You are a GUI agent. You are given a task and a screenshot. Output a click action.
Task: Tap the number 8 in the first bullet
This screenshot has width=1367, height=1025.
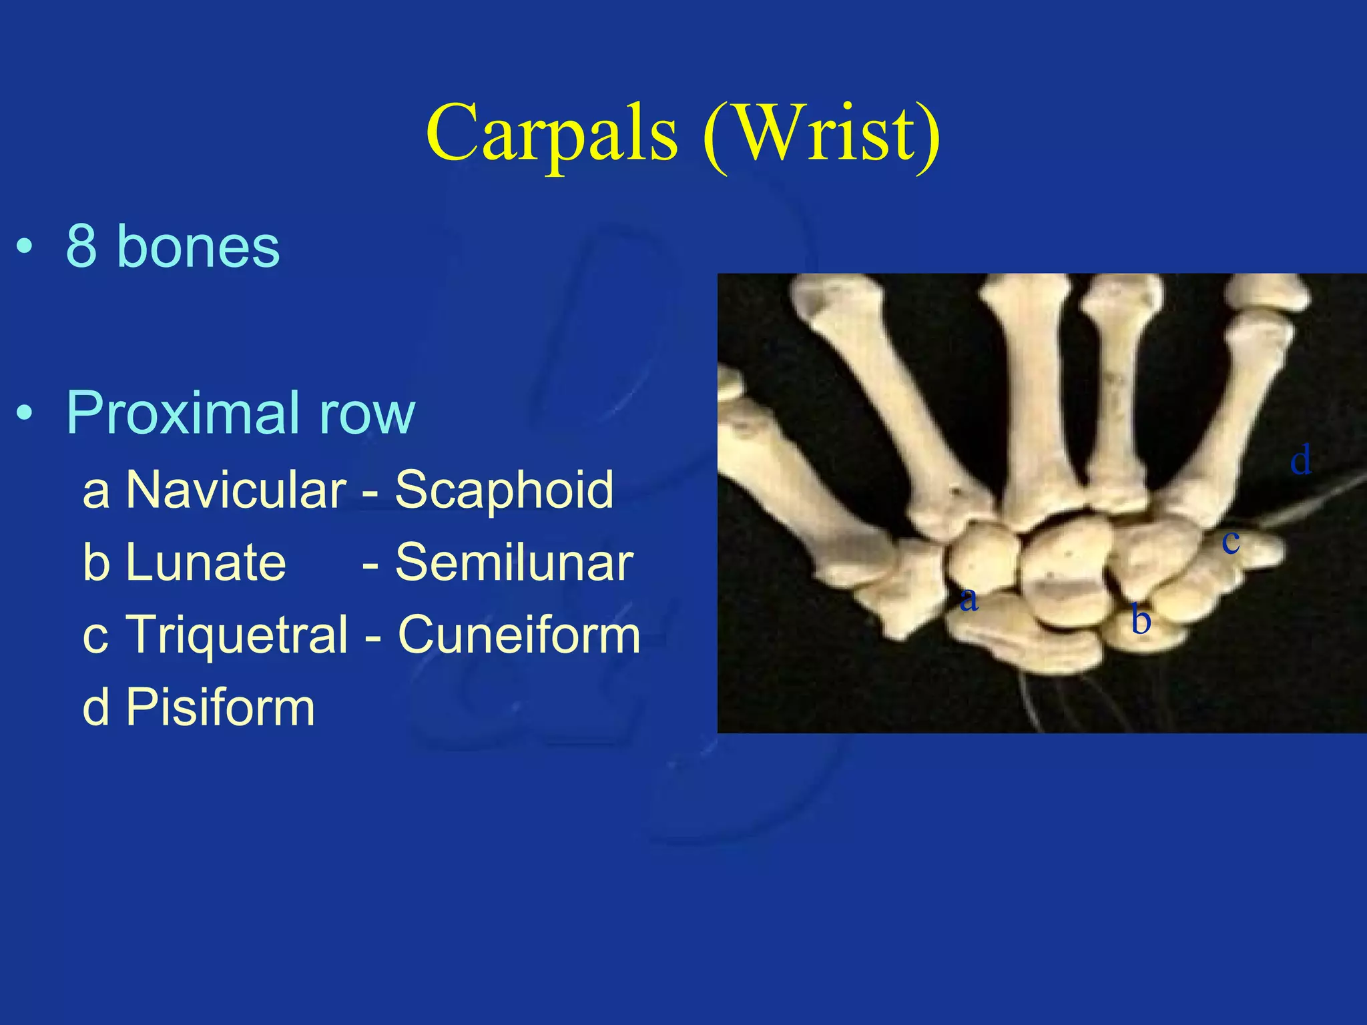coord(81,246)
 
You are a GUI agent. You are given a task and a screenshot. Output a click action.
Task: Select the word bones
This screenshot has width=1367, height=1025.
coord(198,246)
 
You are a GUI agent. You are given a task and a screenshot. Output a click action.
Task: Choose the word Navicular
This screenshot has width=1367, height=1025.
coord(236,489)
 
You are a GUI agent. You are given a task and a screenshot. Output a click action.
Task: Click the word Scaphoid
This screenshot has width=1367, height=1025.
coord(504,489)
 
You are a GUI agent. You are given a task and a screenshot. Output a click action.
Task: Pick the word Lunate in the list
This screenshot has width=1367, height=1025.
coord(206,562)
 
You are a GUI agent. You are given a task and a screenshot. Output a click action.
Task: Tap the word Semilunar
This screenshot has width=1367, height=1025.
coord(514,562)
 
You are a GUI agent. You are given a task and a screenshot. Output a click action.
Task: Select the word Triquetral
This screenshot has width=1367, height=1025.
coord(237,635)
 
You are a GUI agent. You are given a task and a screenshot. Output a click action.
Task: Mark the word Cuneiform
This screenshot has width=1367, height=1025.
coord(519,634)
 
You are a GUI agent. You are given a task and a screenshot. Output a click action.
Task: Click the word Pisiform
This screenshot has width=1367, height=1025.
coord(220,707)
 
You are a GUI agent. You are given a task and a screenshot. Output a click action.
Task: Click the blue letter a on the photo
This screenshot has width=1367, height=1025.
coord(969,599)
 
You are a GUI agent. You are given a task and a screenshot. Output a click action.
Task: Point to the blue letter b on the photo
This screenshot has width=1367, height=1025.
coord(1141,621)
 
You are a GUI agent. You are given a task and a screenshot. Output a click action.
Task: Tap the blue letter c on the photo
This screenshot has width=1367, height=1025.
coord(1231,541)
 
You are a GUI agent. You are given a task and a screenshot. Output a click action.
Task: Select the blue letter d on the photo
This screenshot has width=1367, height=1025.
coord(1301,460)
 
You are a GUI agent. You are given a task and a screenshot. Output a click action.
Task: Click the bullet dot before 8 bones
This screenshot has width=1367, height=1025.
coord(25,247)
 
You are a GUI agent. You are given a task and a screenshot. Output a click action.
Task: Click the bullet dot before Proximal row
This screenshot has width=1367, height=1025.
coord(25,414)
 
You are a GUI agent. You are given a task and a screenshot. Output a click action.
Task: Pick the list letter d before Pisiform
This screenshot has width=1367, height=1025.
coord(96,707)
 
